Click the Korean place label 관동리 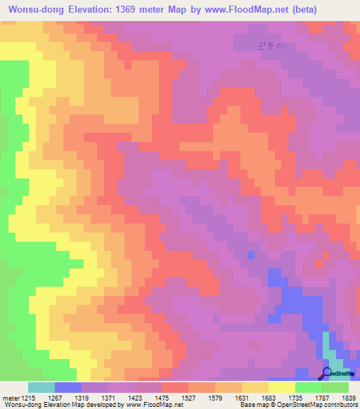point(271,46)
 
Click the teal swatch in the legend point(41,387)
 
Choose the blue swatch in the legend point(68,387)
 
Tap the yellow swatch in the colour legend point(281,387)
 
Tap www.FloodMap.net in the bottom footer point(149,404)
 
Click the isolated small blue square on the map point(250,254)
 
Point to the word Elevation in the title point(89,10)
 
